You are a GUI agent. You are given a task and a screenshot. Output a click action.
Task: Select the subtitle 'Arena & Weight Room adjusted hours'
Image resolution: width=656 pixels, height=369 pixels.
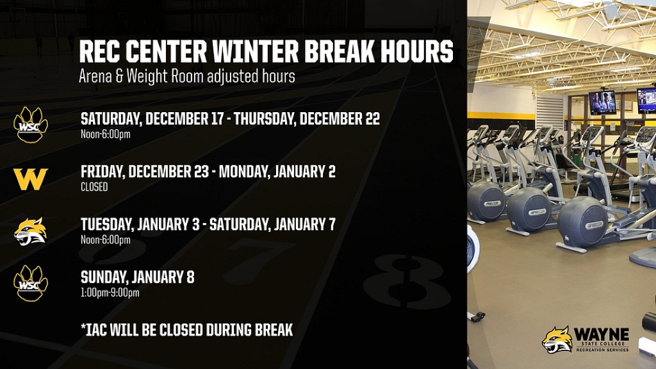tap(186, 76)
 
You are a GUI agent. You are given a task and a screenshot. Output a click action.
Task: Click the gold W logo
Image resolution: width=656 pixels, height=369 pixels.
tap(31, 179)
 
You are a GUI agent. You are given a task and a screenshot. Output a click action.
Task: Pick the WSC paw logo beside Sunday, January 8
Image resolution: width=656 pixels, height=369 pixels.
tap(31, 283)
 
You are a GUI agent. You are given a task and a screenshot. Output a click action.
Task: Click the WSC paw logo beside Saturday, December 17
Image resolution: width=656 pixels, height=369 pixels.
tap(31, 124)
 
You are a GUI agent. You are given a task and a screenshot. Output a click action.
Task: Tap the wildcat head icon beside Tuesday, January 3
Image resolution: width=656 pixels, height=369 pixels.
tap(31, 231)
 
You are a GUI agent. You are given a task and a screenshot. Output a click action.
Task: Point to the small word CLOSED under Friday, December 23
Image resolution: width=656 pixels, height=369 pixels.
tap(94, 187)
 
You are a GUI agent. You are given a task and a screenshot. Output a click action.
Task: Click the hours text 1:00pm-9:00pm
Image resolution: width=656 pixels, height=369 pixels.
tap(110, 293)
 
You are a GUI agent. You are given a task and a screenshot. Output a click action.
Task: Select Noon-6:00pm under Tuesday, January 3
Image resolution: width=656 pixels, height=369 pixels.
tap(105, 240)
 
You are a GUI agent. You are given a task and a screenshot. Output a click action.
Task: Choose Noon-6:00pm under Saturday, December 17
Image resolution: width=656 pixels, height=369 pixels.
tap(105, 134)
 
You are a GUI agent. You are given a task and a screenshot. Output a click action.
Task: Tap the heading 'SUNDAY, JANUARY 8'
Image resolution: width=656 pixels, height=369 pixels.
tap(137, 277)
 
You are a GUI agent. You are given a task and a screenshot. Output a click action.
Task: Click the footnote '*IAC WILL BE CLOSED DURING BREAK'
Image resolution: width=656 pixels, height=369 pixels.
tap(186, 330)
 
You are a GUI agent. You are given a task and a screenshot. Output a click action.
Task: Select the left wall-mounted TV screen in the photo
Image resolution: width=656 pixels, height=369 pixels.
tap(602, 102)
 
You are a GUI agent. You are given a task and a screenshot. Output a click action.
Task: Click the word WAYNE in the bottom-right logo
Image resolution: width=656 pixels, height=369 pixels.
tap(601, 334)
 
